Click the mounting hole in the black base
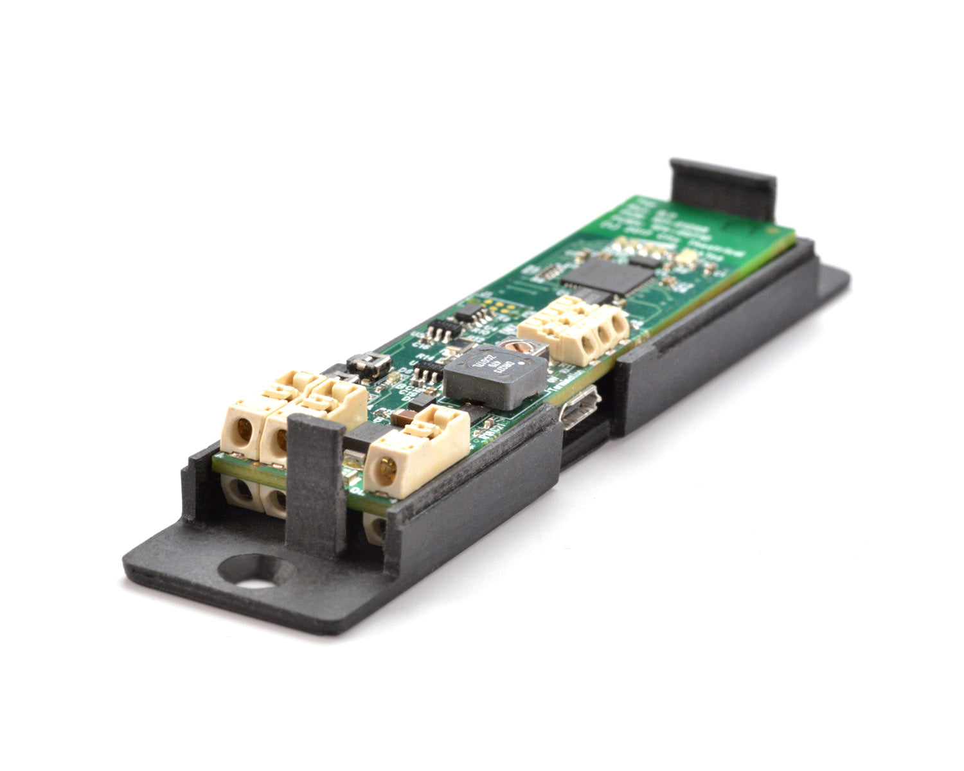[254, 572]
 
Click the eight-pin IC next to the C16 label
[443, 331]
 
